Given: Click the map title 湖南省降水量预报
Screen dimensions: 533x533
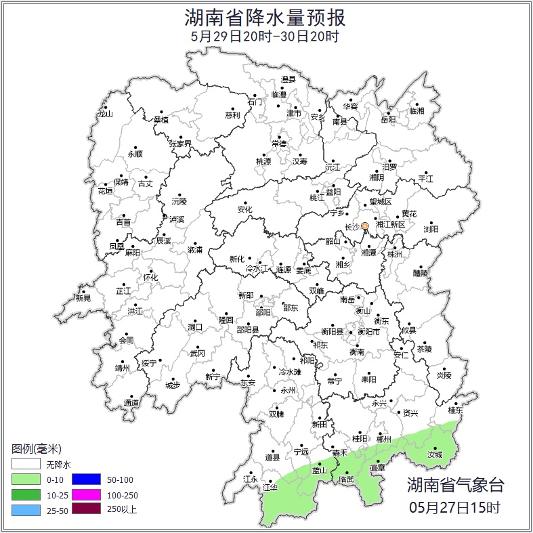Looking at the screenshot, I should [265, 16].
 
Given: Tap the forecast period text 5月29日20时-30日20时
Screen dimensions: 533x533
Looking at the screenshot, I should [265, 36].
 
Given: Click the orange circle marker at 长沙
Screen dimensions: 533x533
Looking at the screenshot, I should [364, 226].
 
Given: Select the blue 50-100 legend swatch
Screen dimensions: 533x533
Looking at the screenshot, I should [85, 480].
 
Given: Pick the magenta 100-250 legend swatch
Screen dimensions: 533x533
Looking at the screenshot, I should [85, 494].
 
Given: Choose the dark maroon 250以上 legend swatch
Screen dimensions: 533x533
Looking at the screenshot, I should [85, 509].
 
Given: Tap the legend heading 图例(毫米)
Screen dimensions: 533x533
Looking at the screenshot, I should [37, 449].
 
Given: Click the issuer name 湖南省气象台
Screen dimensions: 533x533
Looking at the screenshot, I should [455, 484].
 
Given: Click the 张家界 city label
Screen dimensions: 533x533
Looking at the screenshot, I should [180, 144].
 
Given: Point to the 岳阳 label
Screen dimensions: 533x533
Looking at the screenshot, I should [388, 120].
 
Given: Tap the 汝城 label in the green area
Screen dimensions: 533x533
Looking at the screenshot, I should [435, 454].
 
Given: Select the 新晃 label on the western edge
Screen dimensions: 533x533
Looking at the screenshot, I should [83, 298].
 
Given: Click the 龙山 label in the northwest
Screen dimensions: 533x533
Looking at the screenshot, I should [105, 114].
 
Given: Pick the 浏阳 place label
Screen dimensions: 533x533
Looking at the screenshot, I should [431, 230].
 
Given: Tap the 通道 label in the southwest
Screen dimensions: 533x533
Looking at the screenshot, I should [131, 404].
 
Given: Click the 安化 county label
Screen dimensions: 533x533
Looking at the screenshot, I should [244, 210].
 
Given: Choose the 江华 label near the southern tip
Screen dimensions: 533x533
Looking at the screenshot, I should [270, 487].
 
